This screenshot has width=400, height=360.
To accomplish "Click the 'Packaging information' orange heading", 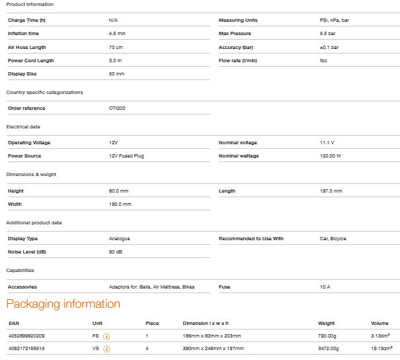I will (63, 304).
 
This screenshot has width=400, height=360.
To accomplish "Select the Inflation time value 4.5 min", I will (117, 33).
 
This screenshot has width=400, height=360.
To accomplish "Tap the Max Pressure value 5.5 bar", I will (328, 33).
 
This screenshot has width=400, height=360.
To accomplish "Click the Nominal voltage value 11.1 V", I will (327, 142).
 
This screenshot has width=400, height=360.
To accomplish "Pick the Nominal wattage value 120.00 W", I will (330, 156).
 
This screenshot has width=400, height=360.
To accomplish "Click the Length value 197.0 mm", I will (331, 191).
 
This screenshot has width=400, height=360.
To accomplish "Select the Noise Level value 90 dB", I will (116, 252).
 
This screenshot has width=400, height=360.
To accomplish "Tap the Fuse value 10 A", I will (325, 287).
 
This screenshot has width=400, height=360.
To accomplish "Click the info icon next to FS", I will (107, 336).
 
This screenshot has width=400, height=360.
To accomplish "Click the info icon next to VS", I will (107, 347).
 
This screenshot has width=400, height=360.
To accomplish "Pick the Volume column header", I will (380, 323).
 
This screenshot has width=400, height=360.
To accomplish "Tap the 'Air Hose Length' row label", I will (26, 47).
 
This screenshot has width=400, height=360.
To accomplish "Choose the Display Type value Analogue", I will (119, 238).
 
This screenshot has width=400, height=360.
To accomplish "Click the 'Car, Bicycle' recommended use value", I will (333, 238).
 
